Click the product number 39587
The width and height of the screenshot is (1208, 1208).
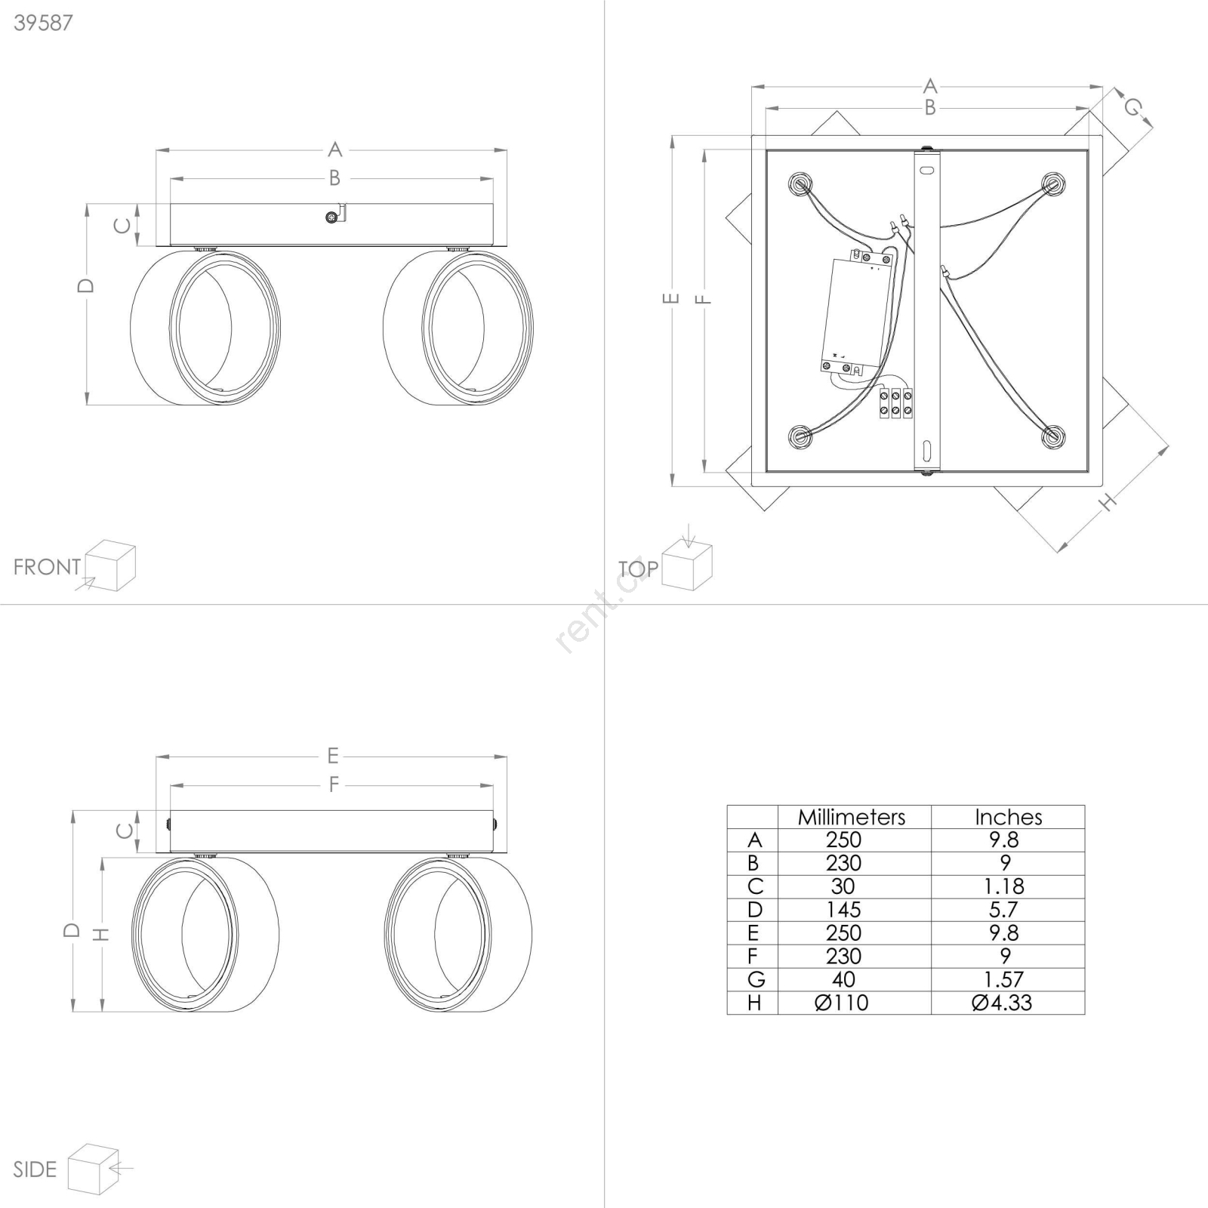tap(44, 23)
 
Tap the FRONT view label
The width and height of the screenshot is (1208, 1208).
tap(47, 567)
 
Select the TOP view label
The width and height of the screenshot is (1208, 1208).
tap(638, 569)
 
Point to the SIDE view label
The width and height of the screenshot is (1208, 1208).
tap(35, 1169)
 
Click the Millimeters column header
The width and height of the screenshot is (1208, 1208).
tap(852, 817)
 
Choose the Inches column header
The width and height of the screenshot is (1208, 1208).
tap(1008, 817)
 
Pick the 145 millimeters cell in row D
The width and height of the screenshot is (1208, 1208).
tap(843, 910)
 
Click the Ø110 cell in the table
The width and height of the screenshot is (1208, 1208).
tap(842, 1003)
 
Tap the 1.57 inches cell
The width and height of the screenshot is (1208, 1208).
tap(1004, 979)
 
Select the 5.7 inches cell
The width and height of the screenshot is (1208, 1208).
tap(1004, 910)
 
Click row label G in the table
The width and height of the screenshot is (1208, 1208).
tap(756, 979)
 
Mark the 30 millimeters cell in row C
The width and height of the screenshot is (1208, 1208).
tap(843, 886)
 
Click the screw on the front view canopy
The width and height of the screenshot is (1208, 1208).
tap(331, 217)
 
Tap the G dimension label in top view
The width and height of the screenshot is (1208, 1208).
tap(1132, 108)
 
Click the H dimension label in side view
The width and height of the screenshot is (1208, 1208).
tap(101, 934)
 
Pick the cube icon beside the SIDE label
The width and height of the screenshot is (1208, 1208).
tap(94, 1169)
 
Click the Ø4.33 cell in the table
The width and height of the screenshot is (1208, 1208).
tap(1002, 1003)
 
